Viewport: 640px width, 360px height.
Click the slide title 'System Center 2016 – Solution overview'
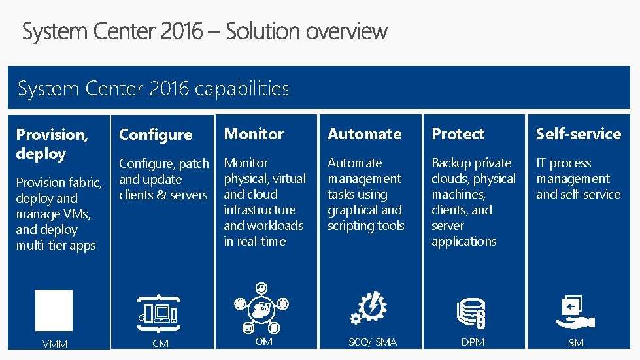205,31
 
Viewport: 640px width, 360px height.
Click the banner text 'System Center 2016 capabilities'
154,88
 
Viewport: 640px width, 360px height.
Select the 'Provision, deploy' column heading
52,144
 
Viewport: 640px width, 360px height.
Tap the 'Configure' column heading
156,135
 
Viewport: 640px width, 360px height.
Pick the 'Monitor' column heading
254,134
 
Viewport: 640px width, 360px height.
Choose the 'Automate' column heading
365,134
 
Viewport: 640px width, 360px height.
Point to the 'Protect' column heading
458,134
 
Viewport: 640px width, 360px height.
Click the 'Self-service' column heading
579,134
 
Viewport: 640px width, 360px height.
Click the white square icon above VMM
54,310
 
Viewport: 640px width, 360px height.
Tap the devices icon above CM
159,314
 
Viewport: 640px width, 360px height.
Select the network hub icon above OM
261,308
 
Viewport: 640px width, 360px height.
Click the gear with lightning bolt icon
369,308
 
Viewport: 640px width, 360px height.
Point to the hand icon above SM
575,312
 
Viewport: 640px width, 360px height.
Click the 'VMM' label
55,344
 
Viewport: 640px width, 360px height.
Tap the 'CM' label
160,343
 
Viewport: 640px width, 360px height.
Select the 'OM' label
263,342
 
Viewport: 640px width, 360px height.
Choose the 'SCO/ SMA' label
373,342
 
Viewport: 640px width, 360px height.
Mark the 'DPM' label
473,342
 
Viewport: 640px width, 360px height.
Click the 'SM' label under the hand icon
575,343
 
